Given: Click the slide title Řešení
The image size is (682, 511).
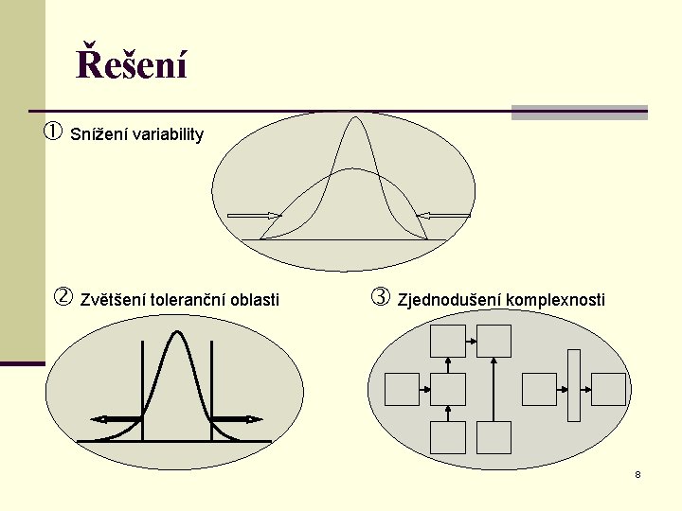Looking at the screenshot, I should [x=132, y=65].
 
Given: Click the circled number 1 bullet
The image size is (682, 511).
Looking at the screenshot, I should [x=53, y=132].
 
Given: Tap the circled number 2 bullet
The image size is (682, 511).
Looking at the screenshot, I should [x=63, y=298].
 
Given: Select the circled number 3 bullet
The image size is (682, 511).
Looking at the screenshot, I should [x=380, y=298].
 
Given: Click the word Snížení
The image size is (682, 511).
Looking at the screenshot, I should [x=99, y=134].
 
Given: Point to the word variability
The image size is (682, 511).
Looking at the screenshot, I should [x=168, y=134].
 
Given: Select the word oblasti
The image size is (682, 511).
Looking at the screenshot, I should [x=255, y=300].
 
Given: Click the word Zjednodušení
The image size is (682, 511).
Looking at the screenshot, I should [x=449, y=300].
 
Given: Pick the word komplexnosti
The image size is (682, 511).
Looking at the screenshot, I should [x=555, y=300].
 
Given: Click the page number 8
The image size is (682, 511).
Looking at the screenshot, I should [x=637, y=474].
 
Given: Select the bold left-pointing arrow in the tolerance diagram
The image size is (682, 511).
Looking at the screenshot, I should [x=115, y=418].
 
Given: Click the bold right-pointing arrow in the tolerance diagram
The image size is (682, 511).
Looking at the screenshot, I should [x=237, y=418].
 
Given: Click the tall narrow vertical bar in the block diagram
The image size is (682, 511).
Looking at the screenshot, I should [x=573, y=385].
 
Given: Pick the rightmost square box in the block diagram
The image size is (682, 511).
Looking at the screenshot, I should [x=609, y=389].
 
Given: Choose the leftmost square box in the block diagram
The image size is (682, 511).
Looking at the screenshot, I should [x=402, y=389].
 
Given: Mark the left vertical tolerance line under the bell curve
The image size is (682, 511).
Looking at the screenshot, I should [x=142, y=388].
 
